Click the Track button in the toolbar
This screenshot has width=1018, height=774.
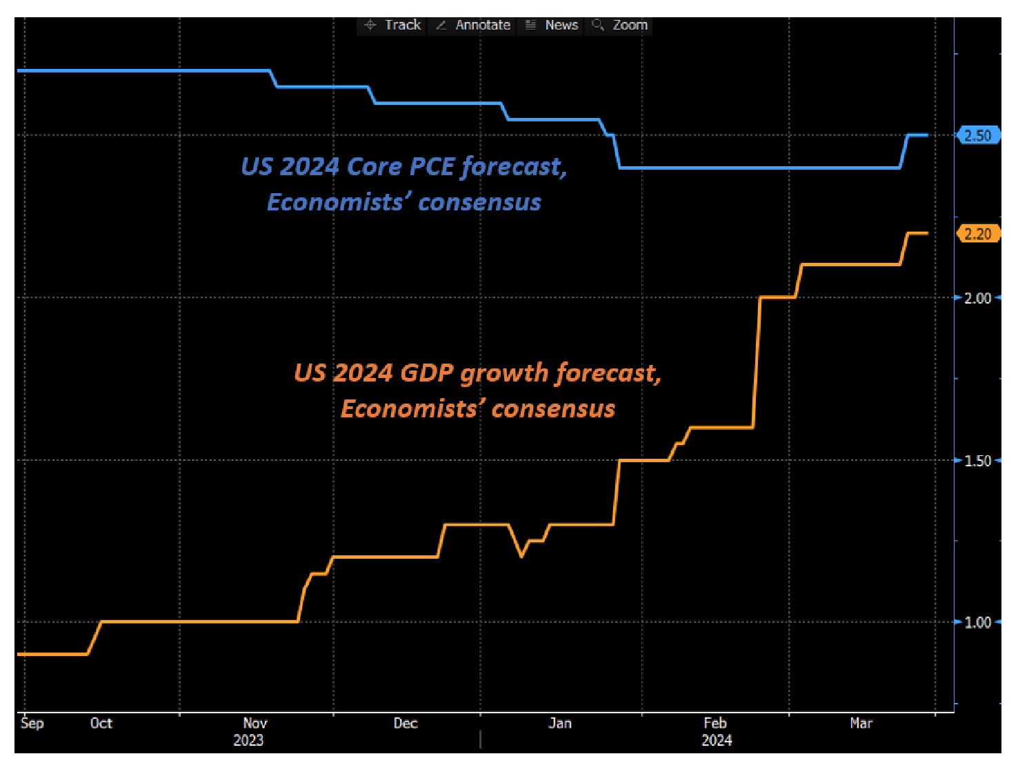394,26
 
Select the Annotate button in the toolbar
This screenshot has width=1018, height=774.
474,26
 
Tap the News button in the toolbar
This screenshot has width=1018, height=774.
552,26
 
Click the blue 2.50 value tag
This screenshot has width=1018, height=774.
977,136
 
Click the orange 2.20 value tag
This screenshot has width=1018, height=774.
977,234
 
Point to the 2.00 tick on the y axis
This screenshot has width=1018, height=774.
977,298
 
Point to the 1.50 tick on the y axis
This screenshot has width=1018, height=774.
977,461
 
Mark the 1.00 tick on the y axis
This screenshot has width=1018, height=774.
977,622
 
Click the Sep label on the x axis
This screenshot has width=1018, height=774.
32,723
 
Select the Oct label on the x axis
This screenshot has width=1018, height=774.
101,723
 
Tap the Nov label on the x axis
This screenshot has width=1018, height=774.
255,723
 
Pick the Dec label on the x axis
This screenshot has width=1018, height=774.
406,723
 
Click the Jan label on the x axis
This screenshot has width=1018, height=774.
560,723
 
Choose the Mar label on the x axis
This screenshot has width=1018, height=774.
861,723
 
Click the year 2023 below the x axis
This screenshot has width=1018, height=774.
248,740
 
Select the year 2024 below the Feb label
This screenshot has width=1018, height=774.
717,740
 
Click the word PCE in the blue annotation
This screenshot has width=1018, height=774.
432,167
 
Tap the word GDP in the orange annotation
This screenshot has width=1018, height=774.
426,373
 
